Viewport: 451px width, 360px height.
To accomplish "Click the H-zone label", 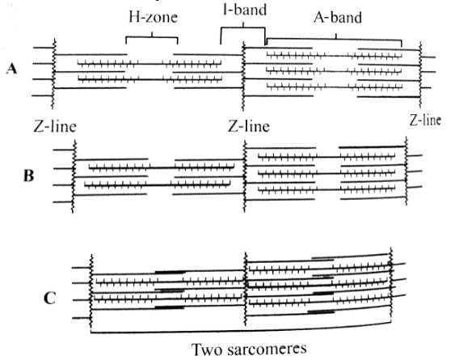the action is pyautogui.click(x=153, y=17).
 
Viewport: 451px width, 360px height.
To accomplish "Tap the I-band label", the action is pyautogui.click(x=245, y=10).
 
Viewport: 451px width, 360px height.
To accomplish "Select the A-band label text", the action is pyautogui.click(x=338, y=18).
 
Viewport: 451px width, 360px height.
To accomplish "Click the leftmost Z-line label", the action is pyautogui.click(x=55, y=127).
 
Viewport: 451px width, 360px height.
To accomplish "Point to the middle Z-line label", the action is pyautogui.click(x=248, y=126).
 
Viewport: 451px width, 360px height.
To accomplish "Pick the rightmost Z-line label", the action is pyautogui.click(x=425, y=120).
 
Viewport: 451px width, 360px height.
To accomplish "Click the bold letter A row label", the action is pyautogui.click(x=12, y=69).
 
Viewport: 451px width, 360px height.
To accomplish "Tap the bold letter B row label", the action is pyautogui.click(x=29, y=176).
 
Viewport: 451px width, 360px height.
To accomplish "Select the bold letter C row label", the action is pyautogui.click(x=49, y=299).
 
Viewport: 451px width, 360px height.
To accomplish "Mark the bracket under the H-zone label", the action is pyautogui.click(x=152, y=37).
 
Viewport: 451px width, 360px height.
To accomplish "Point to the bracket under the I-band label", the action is pyautogui.click(x=242, y=28).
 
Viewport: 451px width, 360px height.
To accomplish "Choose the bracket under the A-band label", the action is pyautogui.click(x=336, y=38).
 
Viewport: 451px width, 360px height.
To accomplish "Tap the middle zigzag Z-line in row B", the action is pyautogui.click(x=244, y=176).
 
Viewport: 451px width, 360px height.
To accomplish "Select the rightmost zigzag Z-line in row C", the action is pyautogui.click(x=390, y=284).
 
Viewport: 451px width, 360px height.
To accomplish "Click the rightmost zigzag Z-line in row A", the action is pyautogui.click(x=420, y=75).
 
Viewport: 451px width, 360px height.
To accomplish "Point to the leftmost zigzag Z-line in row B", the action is pyautogui.click(x=73, y=176).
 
